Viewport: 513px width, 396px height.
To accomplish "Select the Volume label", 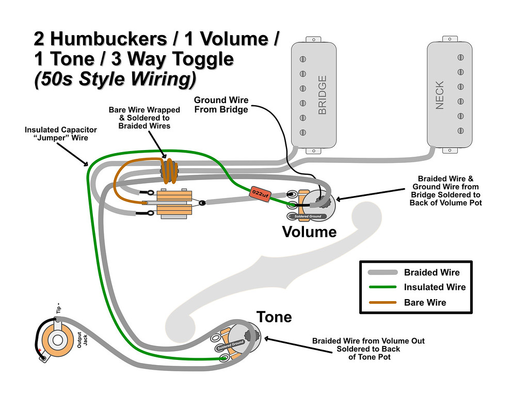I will point(309,232).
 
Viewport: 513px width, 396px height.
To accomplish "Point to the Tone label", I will point(274,317).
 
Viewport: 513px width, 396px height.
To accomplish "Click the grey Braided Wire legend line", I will point(382,272).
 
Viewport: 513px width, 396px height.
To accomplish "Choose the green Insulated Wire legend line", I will point(382,287).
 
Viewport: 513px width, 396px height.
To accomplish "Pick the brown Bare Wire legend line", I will point(382,302).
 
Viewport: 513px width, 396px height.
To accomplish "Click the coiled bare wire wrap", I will point(169,170).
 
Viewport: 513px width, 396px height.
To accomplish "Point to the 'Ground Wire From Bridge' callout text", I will point(221,105).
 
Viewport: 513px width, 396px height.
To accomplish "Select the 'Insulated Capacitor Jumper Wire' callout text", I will point(57,134).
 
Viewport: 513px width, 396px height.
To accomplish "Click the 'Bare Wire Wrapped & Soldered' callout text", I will point(145,118).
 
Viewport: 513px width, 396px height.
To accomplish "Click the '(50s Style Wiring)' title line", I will point(115,80).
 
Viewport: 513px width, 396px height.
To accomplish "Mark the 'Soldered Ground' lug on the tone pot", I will point(231,345).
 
